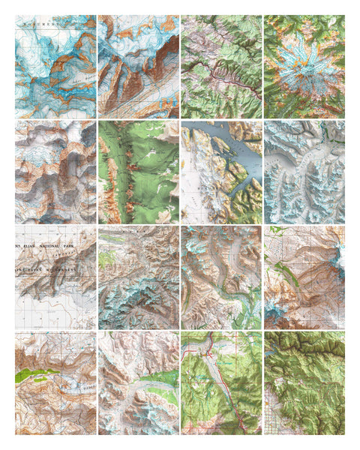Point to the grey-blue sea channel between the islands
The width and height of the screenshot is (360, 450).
[x=225, y=142]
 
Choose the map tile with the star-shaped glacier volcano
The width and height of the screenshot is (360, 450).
[x=304, y=66]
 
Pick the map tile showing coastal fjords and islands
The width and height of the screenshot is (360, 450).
[x=221, y=171]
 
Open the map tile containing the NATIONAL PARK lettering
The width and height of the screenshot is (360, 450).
[x=55, y=277]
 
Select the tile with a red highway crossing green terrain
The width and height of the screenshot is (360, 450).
[x=221, y=382]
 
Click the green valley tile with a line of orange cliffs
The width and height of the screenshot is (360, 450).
[x=138, y=171]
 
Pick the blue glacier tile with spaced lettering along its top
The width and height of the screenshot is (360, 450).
[x=55, y=66]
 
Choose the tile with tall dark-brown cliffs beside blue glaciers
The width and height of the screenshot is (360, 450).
[x=138, y=66]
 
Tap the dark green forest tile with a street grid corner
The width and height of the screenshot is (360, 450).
[x=304, y=382]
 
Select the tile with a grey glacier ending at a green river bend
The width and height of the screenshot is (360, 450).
[x=221, y=277]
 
